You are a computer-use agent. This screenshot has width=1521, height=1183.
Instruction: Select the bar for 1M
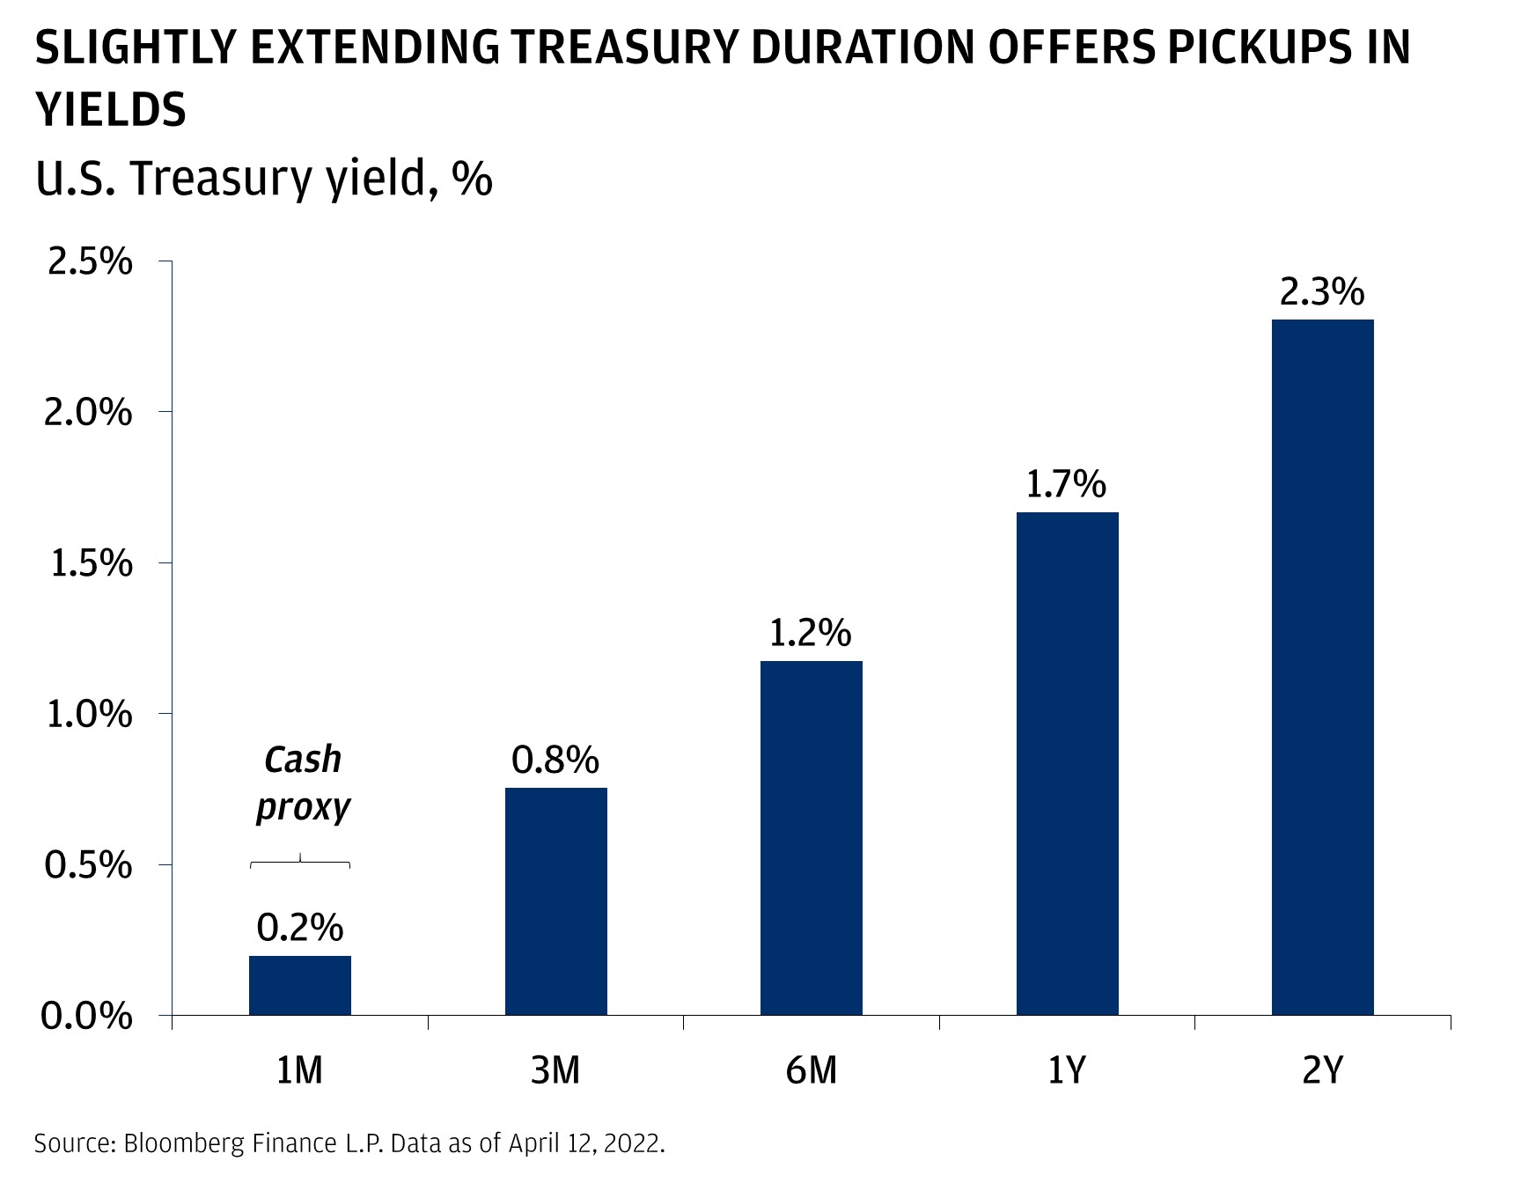tap(300, 985)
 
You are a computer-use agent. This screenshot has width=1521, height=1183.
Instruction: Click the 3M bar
tap(556, 901)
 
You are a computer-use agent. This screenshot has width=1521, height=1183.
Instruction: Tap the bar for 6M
tap(812, 838)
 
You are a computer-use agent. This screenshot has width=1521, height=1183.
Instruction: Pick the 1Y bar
tap(1067, 763)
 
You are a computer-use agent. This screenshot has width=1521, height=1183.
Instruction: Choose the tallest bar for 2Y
tap(1322, 667)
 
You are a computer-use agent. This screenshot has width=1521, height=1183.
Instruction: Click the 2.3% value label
tap(1322, 292)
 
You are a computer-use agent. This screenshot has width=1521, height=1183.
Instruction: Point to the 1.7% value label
tap(1066, 485)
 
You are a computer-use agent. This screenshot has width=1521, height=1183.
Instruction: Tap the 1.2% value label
tap(811, 634)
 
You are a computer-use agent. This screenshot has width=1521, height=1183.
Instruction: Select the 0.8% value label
tap(555, 760)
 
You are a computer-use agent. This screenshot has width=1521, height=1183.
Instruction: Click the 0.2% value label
tap(300, 928)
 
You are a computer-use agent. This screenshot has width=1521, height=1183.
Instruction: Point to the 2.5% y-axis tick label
tap(89, 262)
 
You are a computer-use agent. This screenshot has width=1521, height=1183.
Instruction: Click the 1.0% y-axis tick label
tap(89, 715)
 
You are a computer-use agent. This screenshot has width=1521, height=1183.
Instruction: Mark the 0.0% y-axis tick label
tap(87, 1017)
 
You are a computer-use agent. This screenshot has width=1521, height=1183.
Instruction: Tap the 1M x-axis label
tap(300, 1070)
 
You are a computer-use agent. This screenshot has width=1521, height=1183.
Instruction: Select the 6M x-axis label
tap(812, 1070)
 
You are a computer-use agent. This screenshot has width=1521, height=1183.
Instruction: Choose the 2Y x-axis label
tap(1322, 1070)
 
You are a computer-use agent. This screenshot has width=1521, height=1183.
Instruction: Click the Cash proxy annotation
tap(303, 783)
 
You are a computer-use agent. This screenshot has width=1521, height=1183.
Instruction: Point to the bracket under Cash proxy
tap(300, 862)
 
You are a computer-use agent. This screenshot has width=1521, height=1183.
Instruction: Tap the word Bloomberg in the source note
tap(184, 1143)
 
